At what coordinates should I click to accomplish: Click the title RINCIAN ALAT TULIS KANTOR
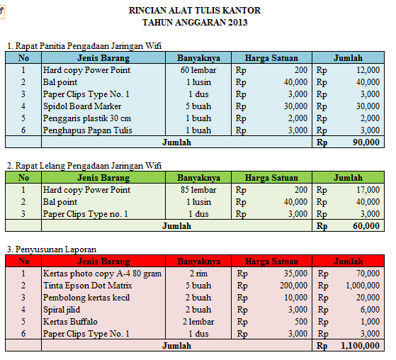(x=195, y=11)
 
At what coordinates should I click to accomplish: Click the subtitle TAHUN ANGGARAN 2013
(x=195, y=23)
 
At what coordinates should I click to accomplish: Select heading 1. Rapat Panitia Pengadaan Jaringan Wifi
(x=84, y=46)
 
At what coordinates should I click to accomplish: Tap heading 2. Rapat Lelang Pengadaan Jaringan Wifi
(x=84, y=165)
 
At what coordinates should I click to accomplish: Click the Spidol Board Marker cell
(x=82, y=106)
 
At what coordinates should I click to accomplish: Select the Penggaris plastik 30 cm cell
(x=86, y=118)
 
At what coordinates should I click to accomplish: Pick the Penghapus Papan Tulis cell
(x=86, y=130)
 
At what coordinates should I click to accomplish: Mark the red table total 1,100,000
(x=360, y=346)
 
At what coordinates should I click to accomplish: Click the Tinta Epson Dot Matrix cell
(x=86, y=285)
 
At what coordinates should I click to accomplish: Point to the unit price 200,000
(x=293, y=285)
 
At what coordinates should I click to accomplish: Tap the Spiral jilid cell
(x=62, y=309)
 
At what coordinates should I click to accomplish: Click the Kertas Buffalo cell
(x=69, y=321)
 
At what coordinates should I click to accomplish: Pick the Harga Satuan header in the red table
(x=271, y=261)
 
